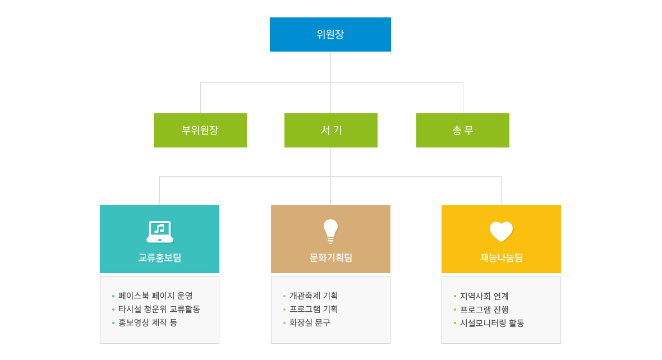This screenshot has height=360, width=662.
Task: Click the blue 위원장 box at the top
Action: point(330,34)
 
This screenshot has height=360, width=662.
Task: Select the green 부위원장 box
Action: point(200,130)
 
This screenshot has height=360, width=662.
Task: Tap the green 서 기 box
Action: point(331,130)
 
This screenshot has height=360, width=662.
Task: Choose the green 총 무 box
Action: point(463,130)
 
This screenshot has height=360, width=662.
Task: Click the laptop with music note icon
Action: point(159,232)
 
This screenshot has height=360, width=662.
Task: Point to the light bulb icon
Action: point(330,231)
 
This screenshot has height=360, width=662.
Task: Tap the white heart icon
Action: point(501,232)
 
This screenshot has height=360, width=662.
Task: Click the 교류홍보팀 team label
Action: point(159,257)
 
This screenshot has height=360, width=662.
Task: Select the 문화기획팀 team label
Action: point(330,257)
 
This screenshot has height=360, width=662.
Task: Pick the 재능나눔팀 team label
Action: point(501,257)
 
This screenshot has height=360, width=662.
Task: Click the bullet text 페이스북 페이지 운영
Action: point(155,296)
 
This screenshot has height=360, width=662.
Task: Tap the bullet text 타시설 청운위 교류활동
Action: point(159,310)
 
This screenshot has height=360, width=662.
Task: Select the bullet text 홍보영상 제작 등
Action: point(148,323)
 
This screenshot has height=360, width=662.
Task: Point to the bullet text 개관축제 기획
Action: point(314,296)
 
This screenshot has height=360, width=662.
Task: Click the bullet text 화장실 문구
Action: point(310,323)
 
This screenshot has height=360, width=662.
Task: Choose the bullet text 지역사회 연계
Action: point(484,296)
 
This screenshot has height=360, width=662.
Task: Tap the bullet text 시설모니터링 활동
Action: point(492,324)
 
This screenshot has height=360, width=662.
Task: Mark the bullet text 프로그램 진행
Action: point(484,310)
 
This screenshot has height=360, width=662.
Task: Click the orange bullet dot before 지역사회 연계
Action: point(454,296)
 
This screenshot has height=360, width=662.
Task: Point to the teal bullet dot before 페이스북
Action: point(113,296)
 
